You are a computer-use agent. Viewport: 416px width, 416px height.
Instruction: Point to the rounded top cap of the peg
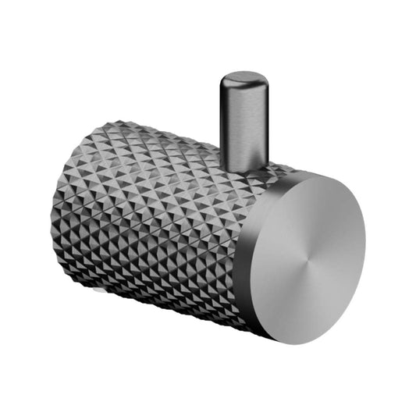click(243, 80)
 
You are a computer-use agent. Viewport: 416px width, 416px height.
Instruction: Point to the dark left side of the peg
click(226, 121)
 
